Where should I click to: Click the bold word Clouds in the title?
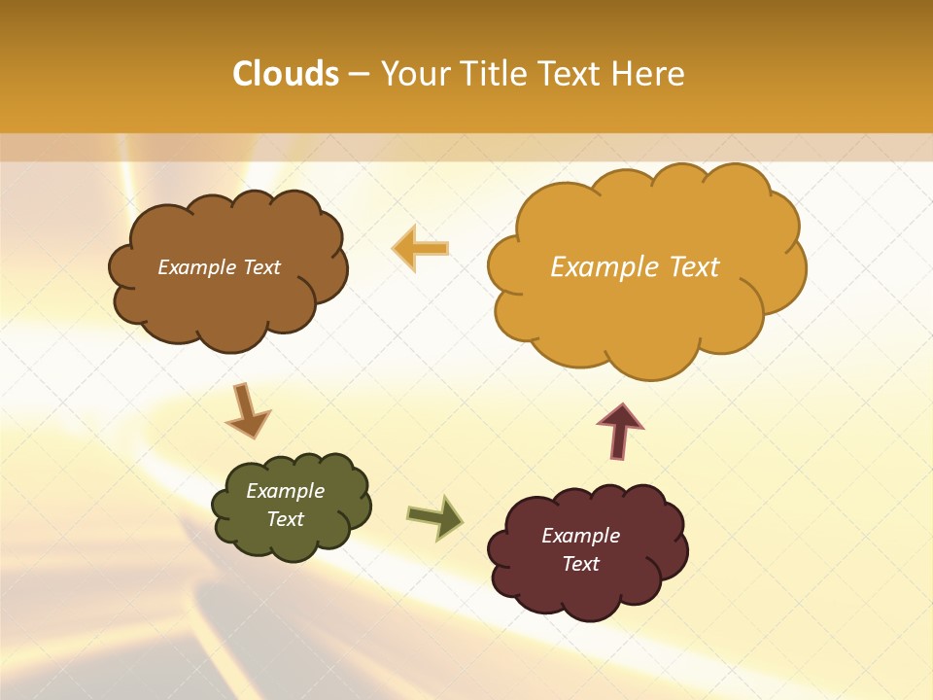pos(286,74)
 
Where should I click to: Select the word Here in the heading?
pos(650,74)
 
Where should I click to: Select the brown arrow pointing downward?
pos(247,410)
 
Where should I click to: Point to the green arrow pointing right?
pos(435,517)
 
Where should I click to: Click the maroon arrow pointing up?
pos(619,430)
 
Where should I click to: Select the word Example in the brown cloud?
pos(196,267)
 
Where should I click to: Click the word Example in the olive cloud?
pos(285,491)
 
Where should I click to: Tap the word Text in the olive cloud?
pos(285,519)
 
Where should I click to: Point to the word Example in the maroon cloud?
pos(580,536)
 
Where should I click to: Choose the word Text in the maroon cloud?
pos(580,564)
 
